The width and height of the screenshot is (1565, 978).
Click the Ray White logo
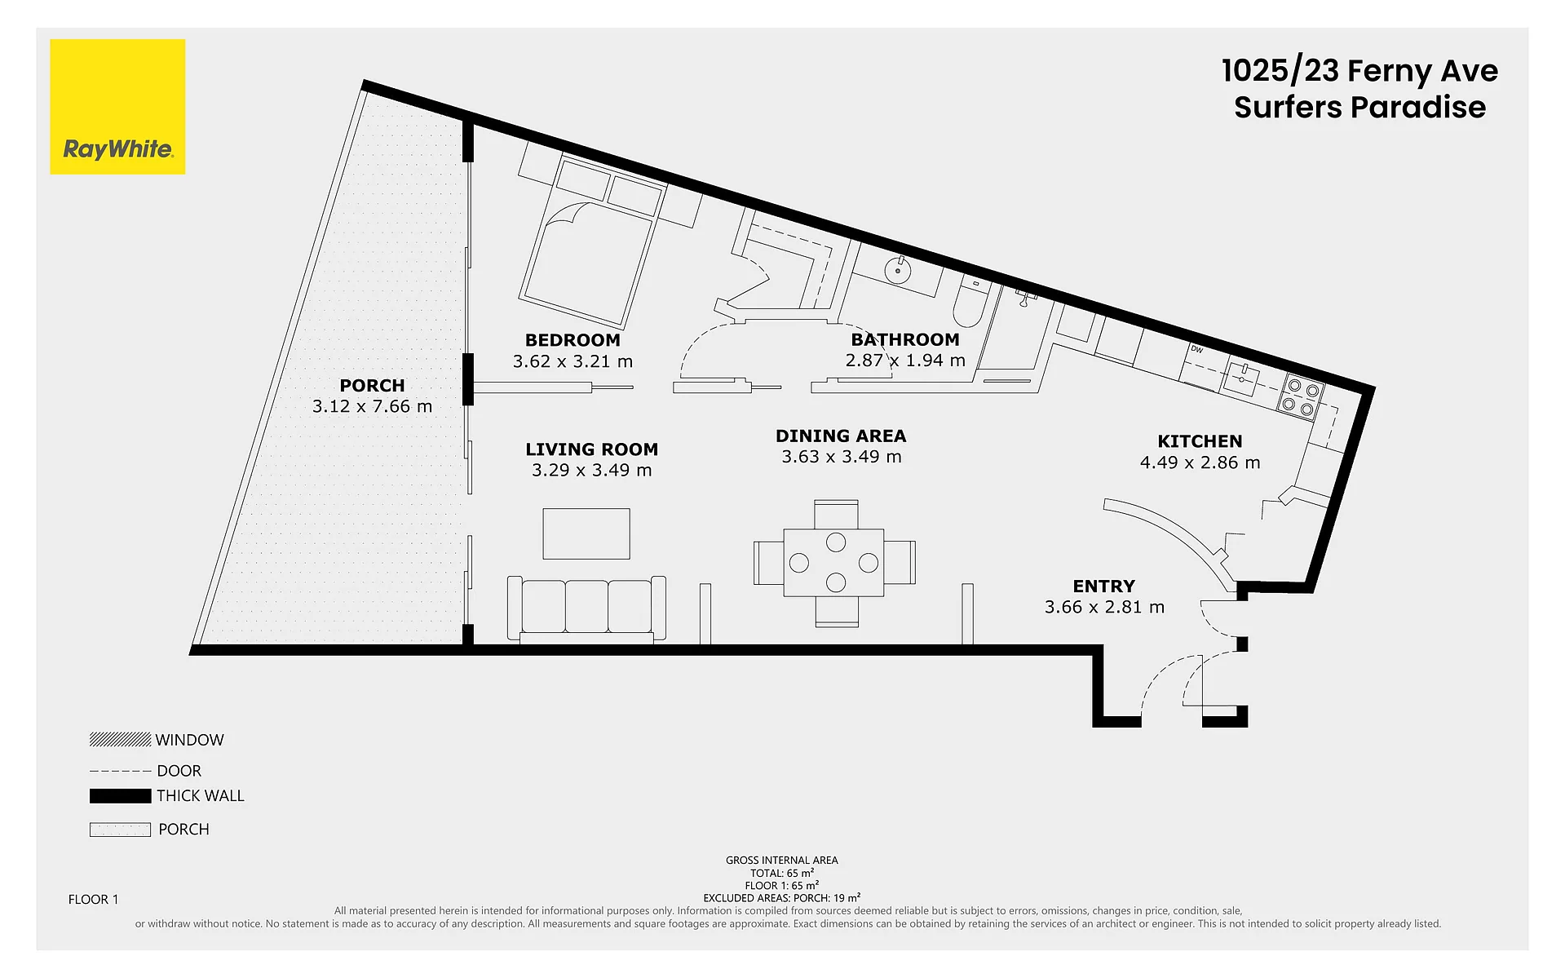(117, 107)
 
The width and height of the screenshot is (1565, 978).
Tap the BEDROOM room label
(573, 340)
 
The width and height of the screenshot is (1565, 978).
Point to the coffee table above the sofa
(586, 533)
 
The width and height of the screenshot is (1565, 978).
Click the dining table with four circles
(833, 563)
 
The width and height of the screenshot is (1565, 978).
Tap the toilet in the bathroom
(970, 302)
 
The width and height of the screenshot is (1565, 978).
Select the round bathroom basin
(898, 270)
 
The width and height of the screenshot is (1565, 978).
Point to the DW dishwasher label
(1196, 349)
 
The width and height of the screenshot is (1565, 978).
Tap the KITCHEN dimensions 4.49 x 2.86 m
(1200, 462)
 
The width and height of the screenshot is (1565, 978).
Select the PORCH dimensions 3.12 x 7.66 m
(372, 406)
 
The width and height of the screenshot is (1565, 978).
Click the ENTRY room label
(1103, 586)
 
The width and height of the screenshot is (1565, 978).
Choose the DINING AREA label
(841, 436)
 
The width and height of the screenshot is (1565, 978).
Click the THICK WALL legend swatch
(120, 796)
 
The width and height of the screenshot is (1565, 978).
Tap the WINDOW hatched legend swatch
(120, 740)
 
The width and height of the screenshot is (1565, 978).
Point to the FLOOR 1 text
(93, 899)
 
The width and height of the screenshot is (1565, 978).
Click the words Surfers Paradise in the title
(1359, 108)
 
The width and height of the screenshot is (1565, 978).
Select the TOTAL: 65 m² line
(782, 873)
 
